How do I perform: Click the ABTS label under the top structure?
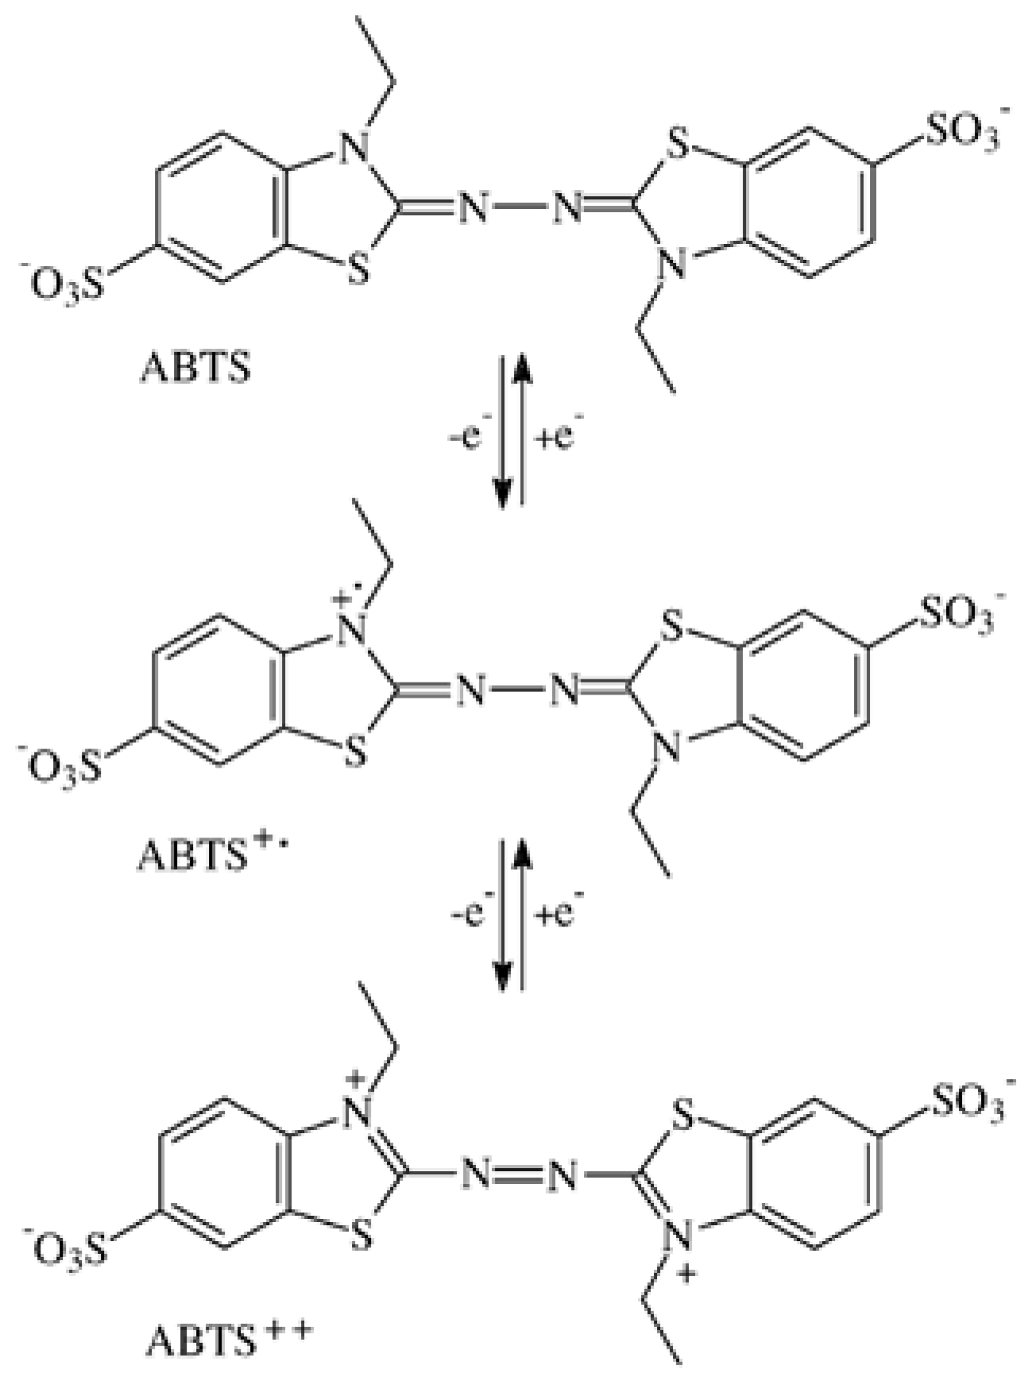195,369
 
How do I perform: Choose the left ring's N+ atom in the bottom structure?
358,1109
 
